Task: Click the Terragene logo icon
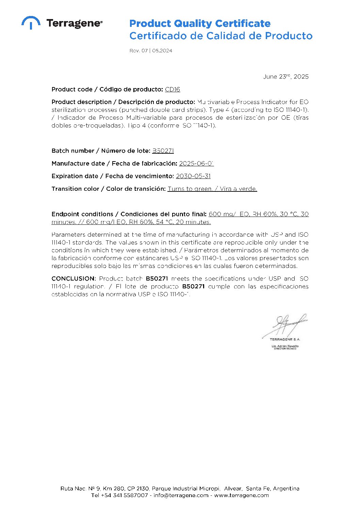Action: point(31,22)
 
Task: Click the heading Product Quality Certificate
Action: point(200,23)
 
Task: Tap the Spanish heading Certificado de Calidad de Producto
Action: point(221,36)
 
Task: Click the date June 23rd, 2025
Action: point(285,77)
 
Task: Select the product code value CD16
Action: point(173,89)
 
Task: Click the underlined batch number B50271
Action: point(163,151)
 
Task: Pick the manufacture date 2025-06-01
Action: point(196,164)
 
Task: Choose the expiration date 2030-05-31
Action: point(193,176)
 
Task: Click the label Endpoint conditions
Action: point(82,214)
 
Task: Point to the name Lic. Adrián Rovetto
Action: point(285,346)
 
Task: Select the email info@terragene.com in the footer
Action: point(181,495)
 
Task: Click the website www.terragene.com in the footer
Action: point(241,495)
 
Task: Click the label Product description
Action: point(82,102)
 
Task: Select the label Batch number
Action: point(73,151)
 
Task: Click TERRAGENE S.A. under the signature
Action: point(285,339)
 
